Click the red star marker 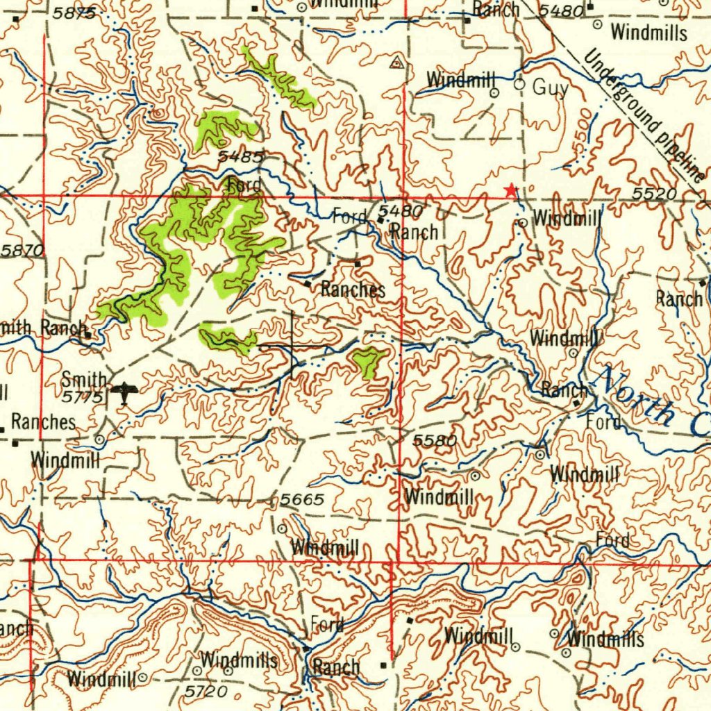coord(511,190)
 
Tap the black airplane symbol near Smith coord(124,393)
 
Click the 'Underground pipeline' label coord(642,115)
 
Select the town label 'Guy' coord(550,88)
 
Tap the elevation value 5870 coord(22,251)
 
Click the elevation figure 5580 coord(435,441)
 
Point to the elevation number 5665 coord(303,500)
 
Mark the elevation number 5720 coord(206,691)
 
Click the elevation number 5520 coord(655,194)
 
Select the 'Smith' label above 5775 coord(84,380)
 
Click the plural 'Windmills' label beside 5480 coord(649,32)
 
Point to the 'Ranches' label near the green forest coord(353,289)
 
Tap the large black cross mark coord(292,345)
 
